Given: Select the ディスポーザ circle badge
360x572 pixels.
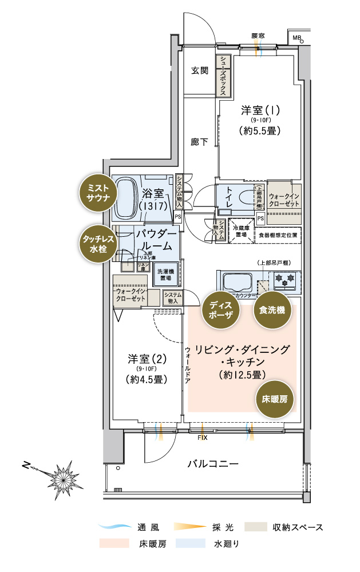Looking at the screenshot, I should pos(220,309).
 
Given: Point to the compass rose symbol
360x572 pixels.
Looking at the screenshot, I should pos(61,474).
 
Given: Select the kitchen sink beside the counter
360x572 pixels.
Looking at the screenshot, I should pos(236,282).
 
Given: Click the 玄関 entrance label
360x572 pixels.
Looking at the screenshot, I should pos(199,71).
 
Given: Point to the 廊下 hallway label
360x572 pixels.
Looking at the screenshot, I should pos(199,141).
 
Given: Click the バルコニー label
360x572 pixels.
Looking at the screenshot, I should pos(213,463).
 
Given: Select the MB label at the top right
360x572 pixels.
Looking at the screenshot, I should pos(296,38).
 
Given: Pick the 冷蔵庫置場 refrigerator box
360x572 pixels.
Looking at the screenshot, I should pos(241,230).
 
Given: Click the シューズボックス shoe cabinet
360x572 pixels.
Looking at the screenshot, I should pos(224,76).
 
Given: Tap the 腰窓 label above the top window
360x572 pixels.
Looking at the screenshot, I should pos(258,36).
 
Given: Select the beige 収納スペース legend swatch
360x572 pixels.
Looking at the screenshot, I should pos(256,526).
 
